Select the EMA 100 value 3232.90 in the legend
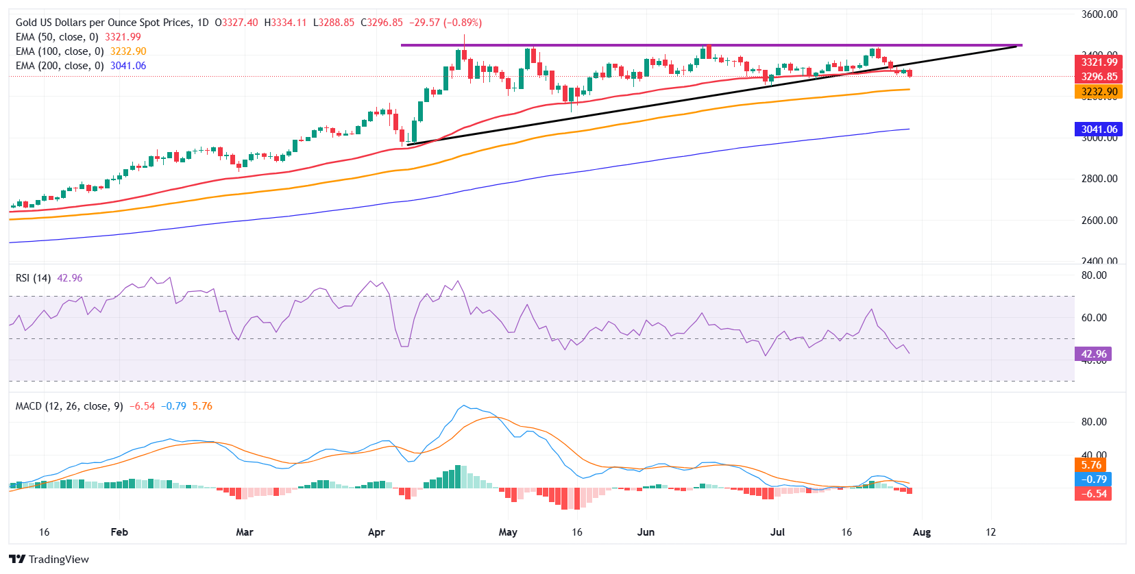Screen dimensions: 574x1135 pos(128,51)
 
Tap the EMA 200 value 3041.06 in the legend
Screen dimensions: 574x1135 pos(128,66)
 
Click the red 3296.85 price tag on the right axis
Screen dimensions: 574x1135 pos(1099,77)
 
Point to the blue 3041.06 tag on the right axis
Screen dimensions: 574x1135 pos(1099,129)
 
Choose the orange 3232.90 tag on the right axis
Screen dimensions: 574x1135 pos(1099,92)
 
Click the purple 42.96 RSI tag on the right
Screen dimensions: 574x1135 pos(1093,354)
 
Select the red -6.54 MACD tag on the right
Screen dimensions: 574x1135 pos(1093,494)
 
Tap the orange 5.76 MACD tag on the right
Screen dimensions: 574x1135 pos(1091,465)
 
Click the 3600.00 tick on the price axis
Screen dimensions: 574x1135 pos(1099,14)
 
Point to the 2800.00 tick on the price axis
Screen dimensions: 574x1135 pos(1099,179)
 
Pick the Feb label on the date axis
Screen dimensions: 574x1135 pos(119,532)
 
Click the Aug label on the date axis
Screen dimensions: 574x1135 pos(922,532)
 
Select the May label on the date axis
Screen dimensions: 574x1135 pos(508,532)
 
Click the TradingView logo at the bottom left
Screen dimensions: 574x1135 pos(49,559)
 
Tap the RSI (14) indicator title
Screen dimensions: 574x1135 pos(33,278)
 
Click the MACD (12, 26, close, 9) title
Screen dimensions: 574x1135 pos(69,406)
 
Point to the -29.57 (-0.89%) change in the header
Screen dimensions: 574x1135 pos(446,23)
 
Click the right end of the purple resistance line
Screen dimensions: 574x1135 pos(1021,45)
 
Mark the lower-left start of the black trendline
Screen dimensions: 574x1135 pos(408,145)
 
